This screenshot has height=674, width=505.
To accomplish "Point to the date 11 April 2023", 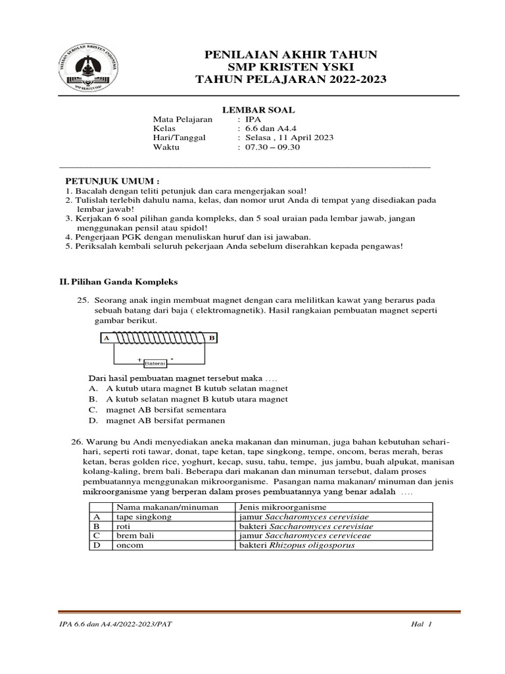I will (302, 138).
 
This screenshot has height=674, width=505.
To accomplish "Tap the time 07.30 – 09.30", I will (272, 147).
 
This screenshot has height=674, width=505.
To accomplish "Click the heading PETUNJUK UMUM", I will (111, 180).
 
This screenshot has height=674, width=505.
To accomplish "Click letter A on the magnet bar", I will (106, 338).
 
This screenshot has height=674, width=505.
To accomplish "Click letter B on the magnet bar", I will (212, 338).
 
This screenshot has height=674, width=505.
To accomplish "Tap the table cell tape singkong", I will (144, 517).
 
